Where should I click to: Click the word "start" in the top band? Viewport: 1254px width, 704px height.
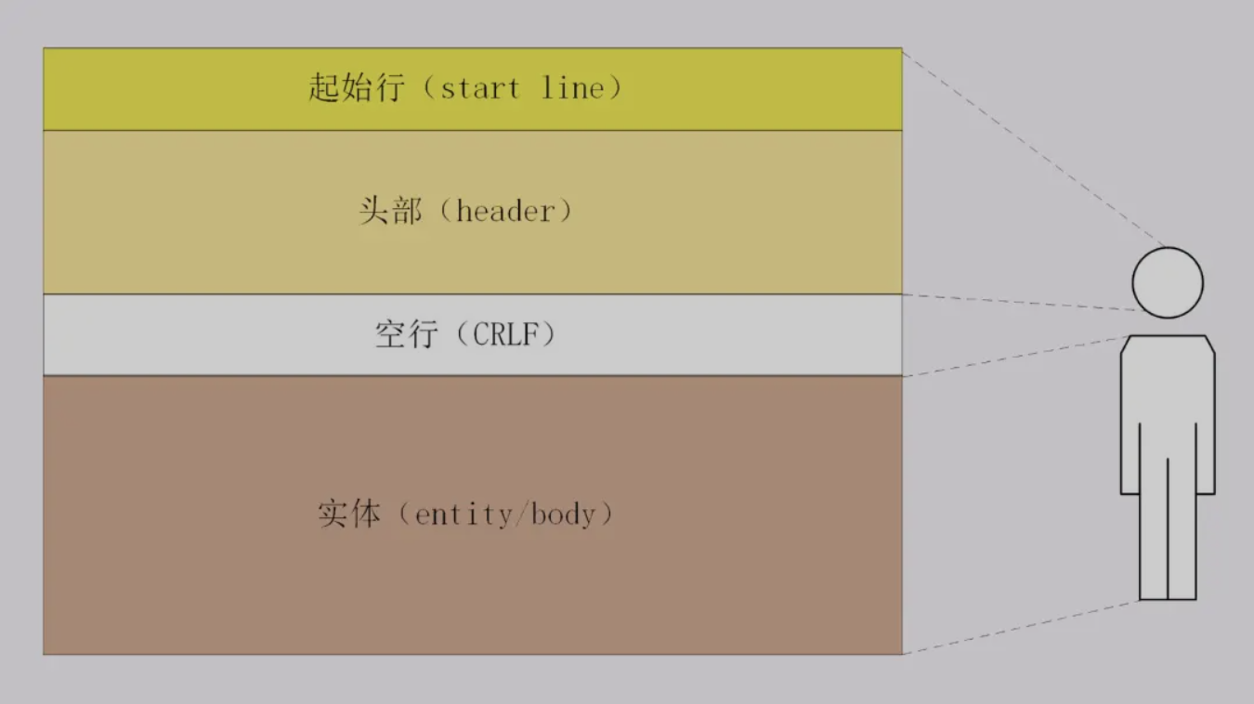point(480,89)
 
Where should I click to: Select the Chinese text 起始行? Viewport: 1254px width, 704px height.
point(356,88)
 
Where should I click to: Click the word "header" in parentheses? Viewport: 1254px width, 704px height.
point(505,212)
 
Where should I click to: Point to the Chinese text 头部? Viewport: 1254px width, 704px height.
point(390,211)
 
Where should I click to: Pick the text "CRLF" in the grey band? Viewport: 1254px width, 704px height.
point(506,334)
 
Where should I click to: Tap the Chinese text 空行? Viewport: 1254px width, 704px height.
point(407,334)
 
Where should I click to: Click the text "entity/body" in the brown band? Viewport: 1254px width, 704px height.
point(505,515)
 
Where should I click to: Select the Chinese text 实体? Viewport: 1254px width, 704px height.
point(349,514)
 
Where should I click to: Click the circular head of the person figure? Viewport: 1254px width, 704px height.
point(1168,282)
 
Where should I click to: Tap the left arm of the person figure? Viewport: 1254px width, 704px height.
point(1130,417)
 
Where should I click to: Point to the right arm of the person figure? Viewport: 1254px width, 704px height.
point(1206,417)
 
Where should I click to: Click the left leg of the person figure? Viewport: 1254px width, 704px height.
point(1154,528)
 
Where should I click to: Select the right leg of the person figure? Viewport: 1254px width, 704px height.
point(1182,528)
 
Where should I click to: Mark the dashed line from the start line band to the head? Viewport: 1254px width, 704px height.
point(1035,149)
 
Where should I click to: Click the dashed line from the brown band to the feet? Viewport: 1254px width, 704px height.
point(1021,627)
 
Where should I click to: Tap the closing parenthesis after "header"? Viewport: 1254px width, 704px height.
point(566,212)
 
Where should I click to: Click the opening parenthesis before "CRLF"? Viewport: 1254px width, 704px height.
point(463,334)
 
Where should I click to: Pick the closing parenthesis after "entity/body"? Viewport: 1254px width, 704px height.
point(607,514)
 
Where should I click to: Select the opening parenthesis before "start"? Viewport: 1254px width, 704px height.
point(429,88)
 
